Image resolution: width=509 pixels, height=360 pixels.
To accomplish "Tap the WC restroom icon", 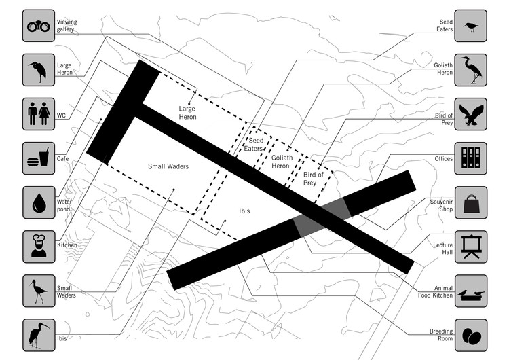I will point(39,114).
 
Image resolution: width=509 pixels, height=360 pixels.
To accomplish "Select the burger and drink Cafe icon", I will point(39,158).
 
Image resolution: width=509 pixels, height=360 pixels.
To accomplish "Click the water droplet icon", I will point(39,202).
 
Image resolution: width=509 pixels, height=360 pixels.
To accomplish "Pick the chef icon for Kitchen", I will point(39,247).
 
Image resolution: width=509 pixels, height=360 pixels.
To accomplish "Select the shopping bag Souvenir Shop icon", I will point(470,202).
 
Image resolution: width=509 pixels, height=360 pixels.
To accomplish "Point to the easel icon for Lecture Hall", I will point(470,247).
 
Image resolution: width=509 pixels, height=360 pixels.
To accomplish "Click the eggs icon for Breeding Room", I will point(470,335).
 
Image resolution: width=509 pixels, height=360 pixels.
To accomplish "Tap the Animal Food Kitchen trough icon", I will point(470,291).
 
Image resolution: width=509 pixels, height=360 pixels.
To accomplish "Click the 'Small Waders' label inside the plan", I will point(168,166).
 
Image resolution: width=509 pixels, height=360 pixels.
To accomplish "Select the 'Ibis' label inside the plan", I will point(244,211).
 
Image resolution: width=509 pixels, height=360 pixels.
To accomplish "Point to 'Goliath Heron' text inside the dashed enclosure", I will point(280,161).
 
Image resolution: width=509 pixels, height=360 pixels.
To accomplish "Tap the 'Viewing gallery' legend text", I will point(67,26).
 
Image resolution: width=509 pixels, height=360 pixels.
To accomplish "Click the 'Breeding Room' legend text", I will point(441,336).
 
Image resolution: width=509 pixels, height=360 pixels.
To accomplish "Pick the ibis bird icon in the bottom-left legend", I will point(39,335).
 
